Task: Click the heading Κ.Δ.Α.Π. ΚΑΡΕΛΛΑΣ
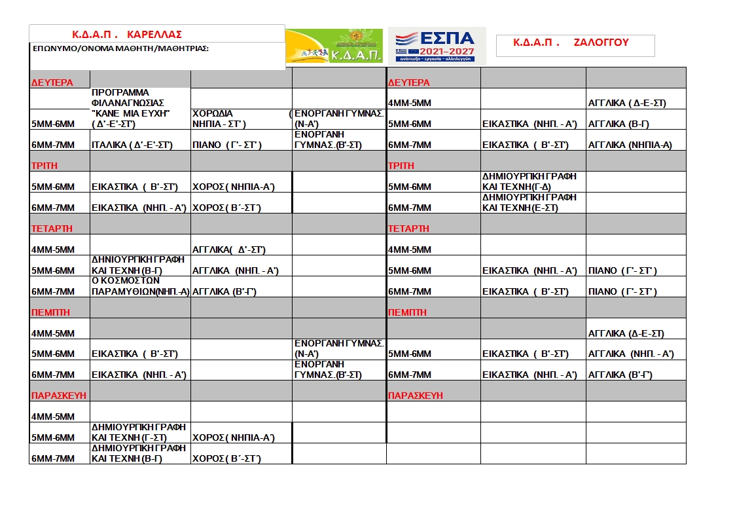coord(126,34)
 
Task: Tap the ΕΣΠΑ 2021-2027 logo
coord(437,45)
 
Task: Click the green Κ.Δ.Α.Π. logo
coord(334,46)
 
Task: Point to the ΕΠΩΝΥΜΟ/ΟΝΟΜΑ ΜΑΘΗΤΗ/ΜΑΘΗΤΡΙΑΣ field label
coord(120,48)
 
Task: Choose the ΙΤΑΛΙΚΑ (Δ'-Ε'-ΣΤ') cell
coord(132,145)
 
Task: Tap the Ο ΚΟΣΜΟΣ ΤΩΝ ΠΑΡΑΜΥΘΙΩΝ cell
coord(140,286)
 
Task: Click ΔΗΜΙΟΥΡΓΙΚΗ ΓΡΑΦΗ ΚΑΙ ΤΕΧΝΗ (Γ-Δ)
coord(530,181)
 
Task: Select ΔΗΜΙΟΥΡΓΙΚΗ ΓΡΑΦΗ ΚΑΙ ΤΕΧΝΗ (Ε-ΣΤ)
coord(530,202)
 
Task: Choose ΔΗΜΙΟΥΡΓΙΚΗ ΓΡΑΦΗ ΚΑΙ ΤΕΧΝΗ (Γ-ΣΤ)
coord(139,432)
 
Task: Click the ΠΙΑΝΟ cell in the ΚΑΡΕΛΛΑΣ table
coord(226,145)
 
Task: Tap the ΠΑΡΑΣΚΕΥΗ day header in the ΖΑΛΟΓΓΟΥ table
coord(416,396)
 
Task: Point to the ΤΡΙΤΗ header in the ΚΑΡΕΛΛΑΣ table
coord(45,166)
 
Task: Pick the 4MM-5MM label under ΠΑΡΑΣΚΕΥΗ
coord(53,417)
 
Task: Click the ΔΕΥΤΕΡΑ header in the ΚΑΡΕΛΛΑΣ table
coord(52,83)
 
